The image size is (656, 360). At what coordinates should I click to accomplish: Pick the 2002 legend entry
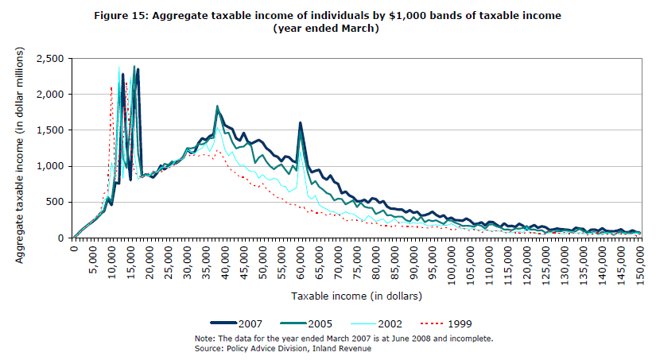pyautogui.click(x=388, y=323)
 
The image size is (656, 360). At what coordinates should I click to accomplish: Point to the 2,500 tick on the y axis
pyautogui.click(x=50, y=59)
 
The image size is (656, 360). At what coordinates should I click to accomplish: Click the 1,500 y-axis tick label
pyautogui.click(x=50, y=130)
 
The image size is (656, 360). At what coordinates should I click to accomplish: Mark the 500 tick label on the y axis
pyautogui.click(x=56, y=202)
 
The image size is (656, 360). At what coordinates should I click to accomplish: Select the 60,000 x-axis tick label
pyautogui.click(x=301, y=259)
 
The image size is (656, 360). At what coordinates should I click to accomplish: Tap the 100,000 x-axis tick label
pyautogui.click(x=452, y=261)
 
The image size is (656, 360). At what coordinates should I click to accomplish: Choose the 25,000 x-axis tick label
pyautogui.click(x=169, y=259)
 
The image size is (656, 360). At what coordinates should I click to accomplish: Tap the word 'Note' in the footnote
pyautogui.click(x=205, y=338)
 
